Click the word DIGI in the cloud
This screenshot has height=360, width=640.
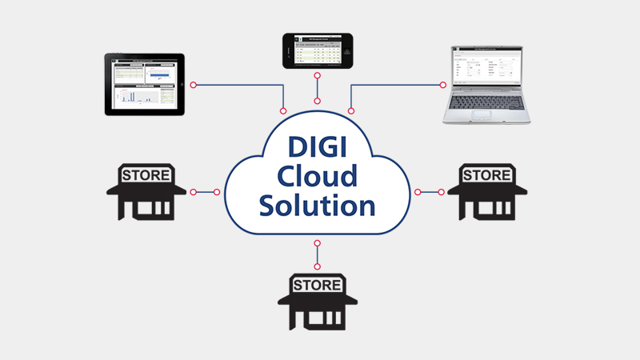(x=318, y=150)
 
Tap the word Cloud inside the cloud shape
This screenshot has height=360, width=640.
(x=318, y=177)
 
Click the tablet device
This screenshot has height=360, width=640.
(x=145, y=84)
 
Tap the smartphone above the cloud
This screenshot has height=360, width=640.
(x=318, y=50)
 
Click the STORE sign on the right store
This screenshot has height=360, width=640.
(x=487, y=174)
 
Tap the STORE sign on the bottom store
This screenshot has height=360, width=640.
(x=318, y=285)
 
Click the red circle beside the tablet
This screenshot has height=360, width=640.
(x=193, y=84)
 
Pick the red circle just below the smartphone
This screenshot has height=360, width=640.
(x=318, y=76)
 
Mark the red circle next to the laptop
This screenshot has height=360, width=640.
(x=441, y=84)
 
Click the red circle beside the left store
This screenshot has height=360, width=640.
(x=193, y=192)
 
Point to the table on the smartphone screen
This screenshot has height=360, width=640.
(x=318, y=52)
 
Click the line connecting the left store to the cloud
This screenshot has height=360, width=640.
(x=206, y=192)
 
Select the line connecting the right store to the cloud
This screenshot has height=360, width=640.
(x=430, y=192)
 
